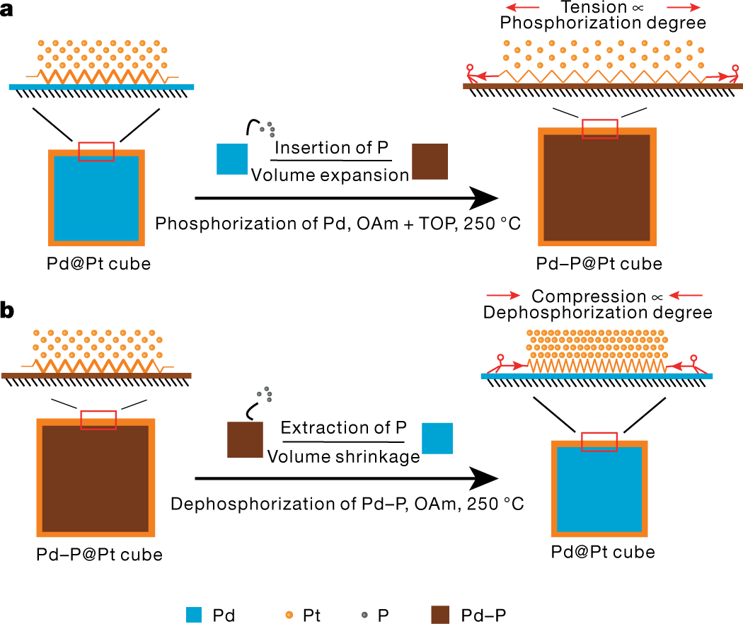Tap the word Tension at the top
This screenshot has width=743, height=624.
[x=594, y=8]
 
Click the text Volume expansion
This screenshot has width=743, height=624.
[x=329, y=175]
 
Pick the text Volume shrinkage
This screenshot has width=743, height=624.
[x=343, y=456]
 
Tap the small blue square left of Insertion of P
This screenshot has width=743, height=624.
[x=232, y=158]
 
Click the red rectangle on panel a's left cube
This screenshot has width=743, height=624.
[x=96, y=151]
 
